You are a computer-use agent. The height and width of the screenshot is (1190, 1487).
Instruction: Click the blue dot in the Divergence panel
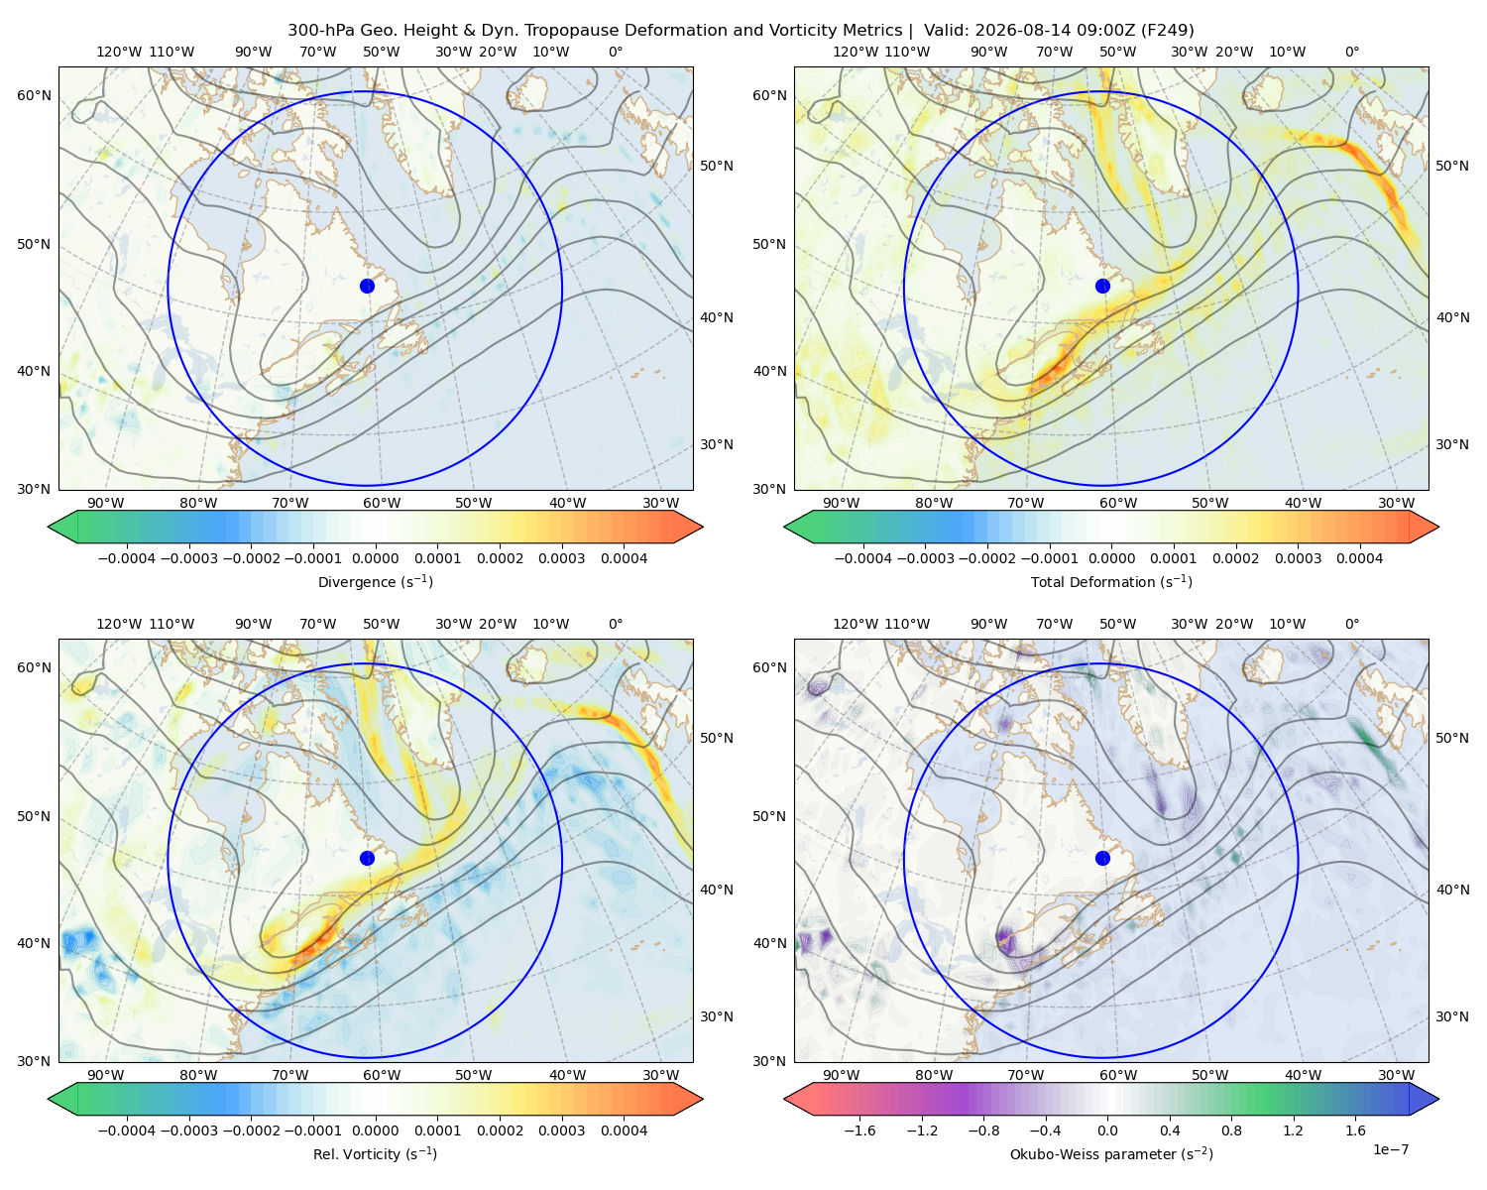[x=367, y=286]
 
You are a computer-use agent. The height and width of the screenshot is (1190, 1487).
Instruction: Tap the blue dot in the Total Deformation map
[x=1102, y=286]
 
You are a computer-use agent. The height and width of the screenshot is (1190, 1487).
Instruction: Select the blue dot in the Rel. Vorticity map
[x=367, y=858]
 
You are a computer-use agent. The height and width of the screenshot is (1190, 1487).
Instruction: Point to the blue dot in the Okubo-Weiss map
[x=1102, y=858]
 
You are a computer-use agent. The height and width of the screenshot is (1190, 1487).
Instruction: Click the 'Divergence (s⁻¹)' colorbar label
[x=375, y=581]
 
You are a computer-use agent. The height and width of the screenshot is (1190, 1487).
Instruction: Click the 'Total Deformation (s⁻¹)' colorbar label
[x=1111, y=581]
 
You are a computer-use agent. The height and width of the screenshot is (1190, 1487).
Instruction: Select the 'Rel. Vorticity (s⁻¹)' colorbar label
[x=375, y=1153]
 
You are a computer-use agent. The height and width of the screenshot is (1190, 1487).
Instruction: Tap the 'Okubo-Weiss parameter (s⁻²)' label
[x=1111, y=1153]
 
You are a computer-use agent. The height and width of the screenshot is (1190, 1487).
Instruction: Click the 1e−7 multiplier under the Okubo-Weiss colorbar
[x=1390, y=1149]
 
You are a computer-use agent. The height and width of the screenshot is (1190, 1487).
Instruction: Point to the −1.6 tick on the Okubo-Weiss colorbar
[x=859, y=1130]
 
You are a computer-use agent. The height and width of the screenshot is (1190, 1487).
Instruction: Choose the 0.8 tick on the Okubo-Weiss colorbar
[x=1231, y=1130]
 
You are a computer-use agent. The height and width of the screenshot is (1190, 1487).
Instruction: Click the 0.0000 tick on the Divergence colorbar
[x=375, y=558]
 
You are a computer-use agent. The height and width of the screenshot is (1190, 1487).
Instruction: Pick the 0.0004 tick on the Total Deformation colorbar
[x=1359, y=558]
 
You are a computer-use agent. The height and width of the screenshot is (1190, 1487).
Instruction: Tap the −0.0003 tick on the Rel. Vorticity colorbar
[x=188, y=1130]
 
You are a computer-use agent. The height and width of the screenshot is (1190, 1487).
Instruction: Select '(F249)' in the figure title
[x=1169, y=31]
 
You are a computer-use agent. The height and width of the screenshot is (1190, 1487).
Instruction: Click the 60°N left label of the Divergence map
[x=34, y=95]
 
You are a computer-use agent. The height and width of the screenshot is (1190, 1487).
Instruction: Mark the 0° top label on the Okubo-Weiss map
[x=1351, y=624]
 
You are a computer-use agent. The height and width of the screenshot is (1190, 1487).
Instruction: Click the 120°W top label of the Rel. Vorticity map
[x=119, y=624]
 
